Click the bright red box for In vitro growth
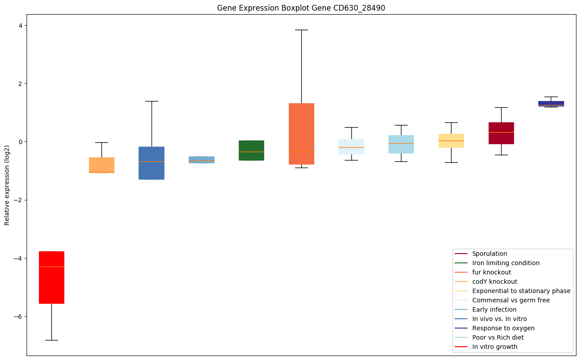[51, 277]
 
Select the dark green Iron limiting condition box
[251, 150]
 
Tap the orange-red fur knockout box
[301, 133]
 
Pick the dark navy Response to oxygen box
[551, 104]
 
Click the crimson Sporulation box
[501, 133]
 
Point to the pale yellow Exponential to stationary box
[451, 141]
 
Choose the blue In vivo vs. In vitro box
[152, 163]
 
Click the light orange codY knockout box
[101, 164]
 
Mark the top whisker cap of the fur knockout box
[301, 30]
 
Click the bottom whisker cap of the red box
[51, 340]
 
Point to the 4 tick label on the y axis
[19, 25]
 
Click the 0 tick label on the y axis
[19, 142]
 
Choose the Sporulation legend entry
[489, 254]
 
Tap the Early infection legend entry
[494, 309]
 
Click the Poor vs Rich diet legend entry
[498, 337]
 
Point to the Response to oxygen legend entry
[503, 328]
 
